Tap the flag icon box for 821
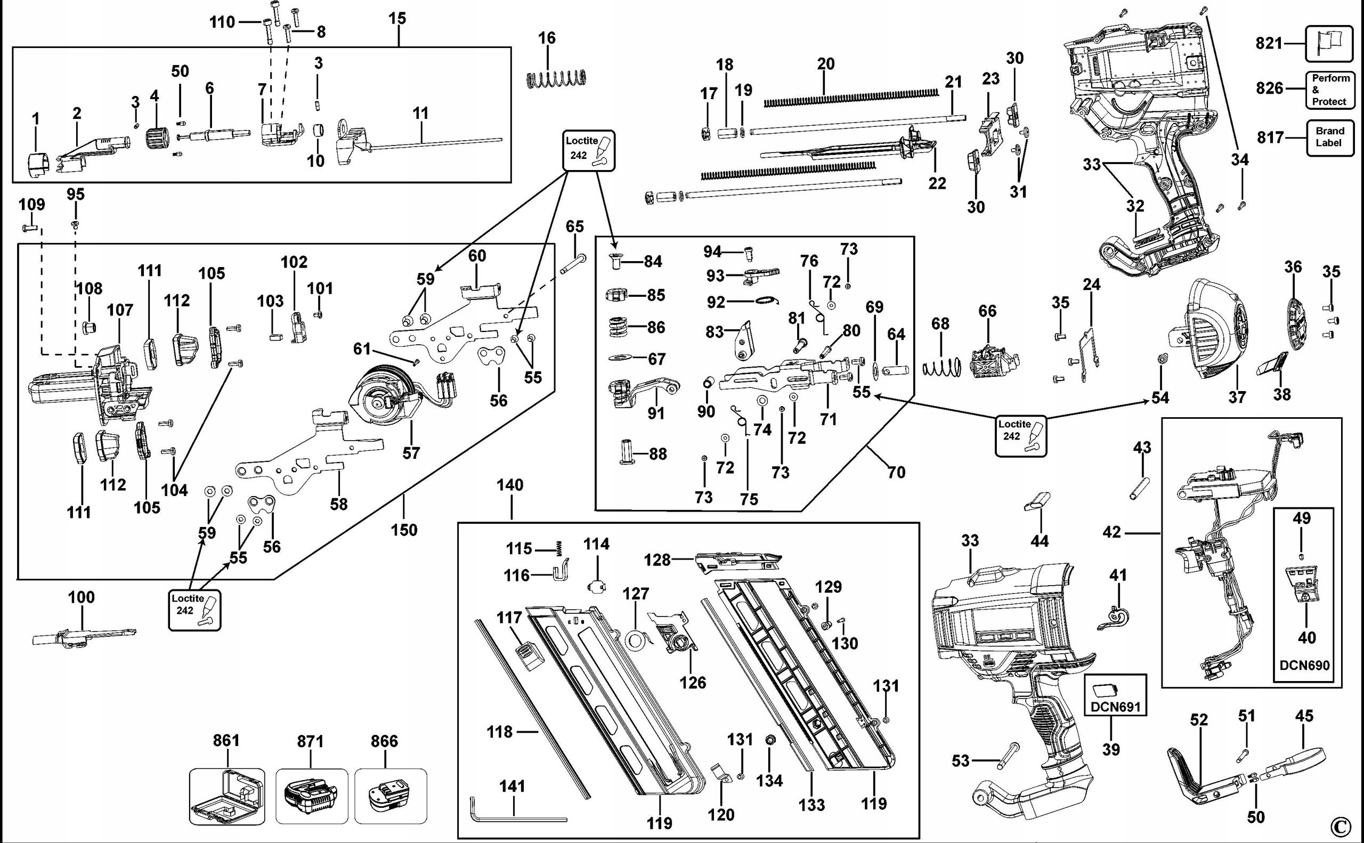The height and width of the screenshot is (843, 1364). [1329, 44]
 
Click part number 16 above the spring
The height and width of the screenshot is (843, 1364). [547, 38]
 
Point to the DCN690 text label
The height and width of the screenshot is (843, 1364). [1304, 665]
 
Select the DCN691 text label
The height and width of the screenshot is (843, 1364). [1115, 707]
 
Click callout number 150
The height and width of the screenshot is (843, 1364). [403, 530]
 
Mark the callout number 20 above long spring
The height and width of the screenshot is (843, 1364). [825, 64]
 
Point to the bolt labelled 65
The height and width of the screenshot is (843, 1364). [572, 263]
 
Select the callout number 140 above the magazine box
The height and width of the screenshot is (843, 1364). [510, 485]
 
